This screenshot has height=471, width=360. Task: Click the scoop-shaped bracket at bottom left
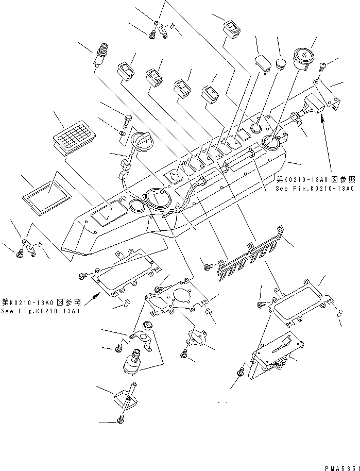124,396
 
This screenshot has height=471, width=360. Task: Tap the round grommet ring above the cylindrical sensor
148,325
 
